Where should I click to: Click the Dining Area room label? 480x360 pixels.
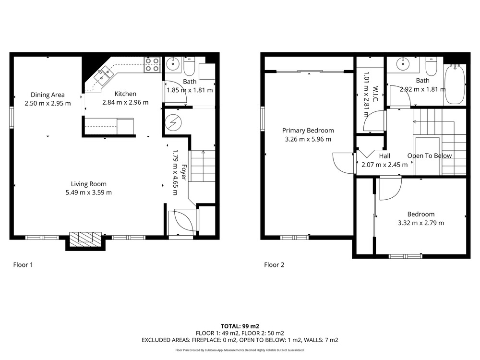tap(48, 95)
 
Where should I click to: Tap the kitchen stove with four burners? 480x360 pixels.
tap(152, 65)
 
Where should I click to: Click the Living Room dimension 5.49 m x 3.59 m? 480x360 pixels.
tap(88, 192)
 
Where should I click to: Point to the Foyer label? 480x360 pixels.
tap(184, 172)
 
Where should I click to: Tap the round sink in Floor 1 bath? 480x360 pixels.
tap(173, 64)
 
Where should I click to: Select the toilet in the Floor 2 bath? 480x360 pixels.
tap(432, 67)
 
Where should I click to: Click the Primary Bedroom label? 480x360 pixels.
tap(308, 131)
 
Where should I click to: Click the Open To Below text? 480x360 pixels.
tap(430, 156)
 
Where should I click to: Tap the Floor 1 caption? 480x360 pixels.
tap(23, 265)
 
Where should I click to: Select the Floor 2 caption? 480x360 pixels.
tap(274, 265)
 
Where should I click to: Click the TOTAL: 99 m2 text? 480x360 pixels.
tap(240, 326)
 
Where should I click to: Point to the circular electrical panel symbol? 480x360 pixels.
tap(173, 123)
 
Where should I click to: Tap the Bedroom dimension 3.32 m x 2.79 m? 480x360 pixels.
tap(420, 223)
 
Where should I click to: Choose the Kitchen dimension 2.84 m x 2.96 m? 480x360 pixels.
tap(125, 103)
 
